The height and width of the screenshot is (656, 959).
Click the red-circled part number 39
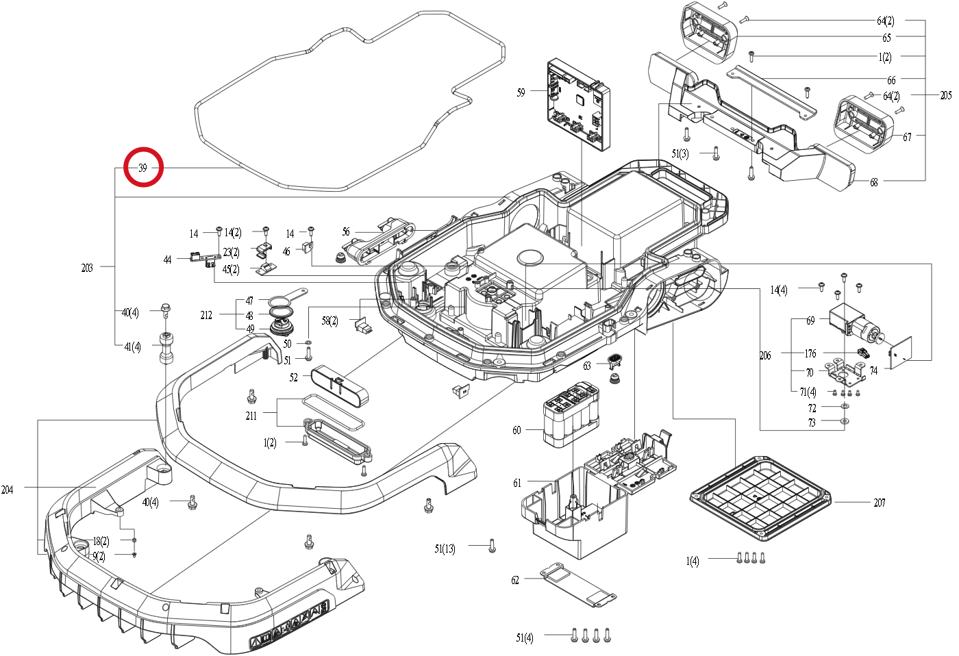click(143, 168)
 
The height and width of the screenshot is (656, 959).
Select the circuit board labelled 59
click(579, 105)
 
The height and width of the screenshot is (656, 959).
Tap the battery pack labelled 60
click(571, 415)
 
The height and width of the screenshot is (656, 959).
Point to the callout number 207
click(880, 503)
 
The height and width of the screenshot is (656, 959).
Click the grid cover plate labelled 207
click(760, 499)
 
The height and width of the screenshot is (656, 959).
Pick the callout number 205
click(946, 95)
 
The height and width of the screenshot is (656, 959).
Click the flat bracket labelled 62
click(578, 585)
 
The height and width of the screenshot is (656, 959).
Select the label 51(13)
click(445, 548)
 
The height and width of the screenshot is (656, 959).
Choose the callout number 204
click(8, 490)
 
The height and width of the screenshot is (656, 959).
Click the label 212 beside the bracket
click(206, 316)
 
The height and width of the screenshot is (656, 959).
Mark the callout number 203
click(87, 268)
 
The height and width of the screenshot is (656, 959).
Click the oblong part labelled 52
click(340, 386)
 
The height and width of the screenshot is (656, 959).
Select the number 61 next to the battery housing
click(517, 483)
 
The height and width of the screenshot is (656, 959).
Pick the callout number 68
click(874, 183)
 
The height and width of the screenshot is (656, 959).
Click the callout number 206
click(765, 355)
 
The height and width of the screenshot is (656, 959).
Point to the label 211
click(251, 416)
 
